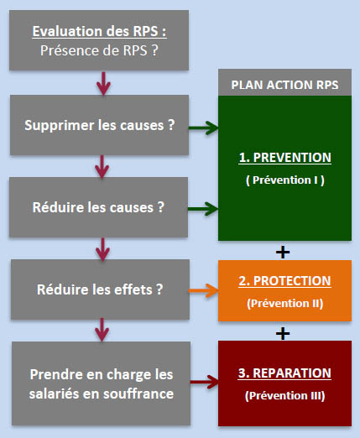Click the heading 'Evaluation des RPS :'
99,31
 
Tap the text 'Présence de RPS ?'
99,50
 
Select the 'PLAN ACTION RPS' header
284,85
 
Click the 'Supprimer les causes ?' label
100,125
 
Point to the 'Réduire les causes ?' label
98,207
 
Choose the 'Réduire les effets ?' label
100,289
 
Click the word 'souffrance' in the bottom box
138,394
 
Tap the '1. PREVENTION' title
284,158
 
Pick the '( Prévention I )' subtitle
285,180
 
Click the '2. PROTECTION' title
284,281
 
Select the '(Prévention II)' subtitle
285,304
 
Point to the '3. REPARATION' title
284,373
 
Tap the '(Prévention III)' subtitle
285,396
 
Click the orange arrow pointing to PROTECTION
203,290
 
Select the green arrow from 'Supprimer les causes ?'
203,128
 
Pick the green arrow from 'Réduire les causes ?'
203,209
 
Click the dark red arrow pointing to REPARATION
205,382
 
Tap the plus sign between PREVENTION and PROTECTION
283,252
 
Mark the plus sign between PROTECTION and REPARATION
283,333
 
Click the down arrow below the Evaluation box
103,83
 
